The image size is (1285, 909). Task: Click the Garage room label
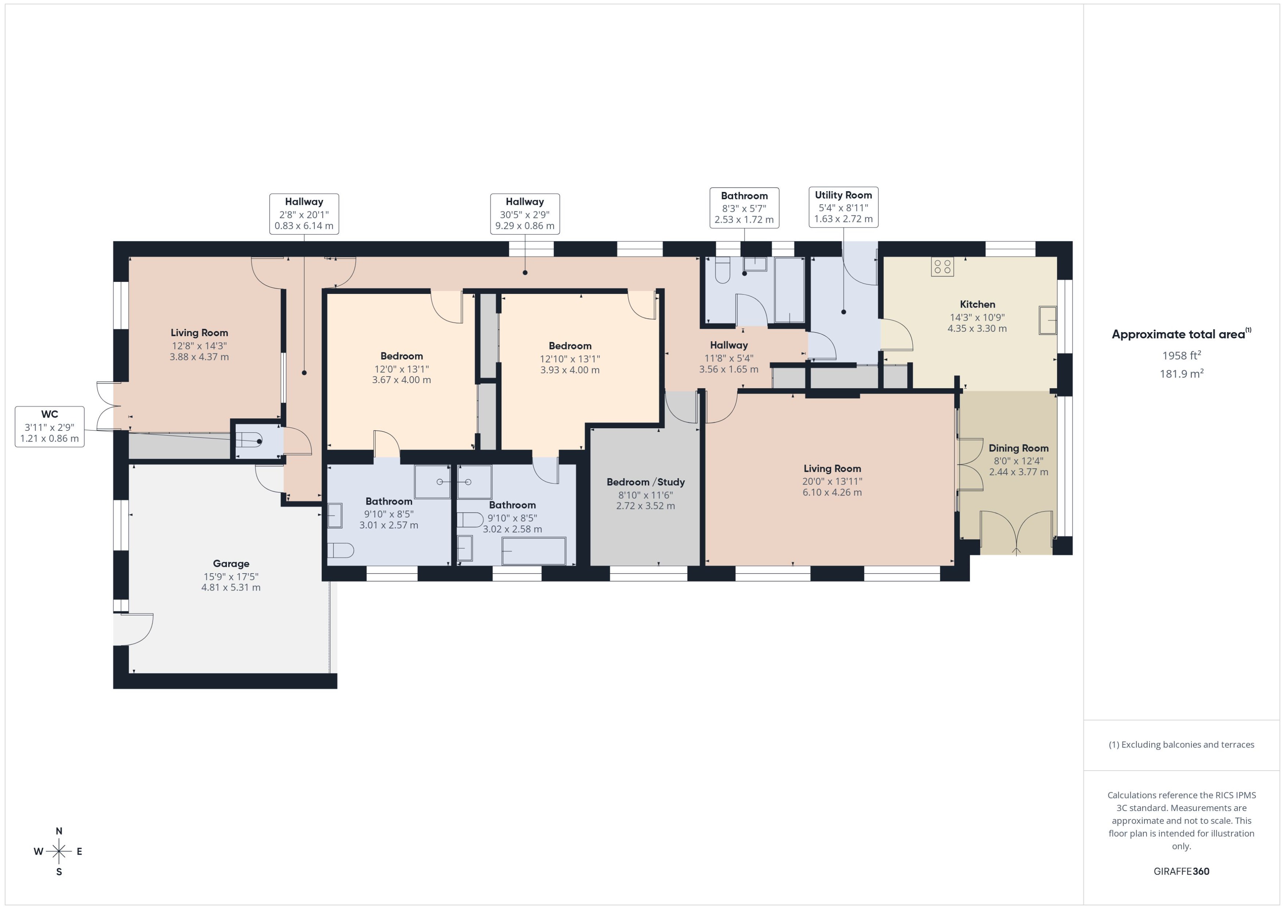pos(231,564)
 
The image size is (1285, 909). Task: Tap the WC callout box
pos(49,426)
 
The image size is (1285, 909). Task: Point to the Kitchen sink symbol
pos(1047,320)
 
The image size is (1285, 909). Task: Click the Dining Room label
pos(1018,448)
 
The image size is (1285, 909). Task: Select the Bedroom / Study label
pos(645,482)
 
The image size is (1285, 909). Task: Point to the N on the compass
pos(59,831)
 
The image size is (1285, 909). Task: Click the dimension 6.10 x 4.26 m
pos(832,492)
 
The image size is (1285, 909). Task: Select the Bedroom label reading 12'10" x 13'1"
pos(569,346)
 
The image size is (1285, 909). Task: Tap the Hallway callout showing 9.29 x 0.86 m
pos(525,214)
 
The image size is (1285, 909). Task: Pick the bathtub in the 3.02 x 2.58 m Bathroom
pos(533,551)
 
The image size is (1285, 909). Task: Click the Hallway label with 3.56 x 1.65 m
pos(728,345)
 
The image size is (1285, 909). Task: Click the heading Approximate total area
pos(1178,335)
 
